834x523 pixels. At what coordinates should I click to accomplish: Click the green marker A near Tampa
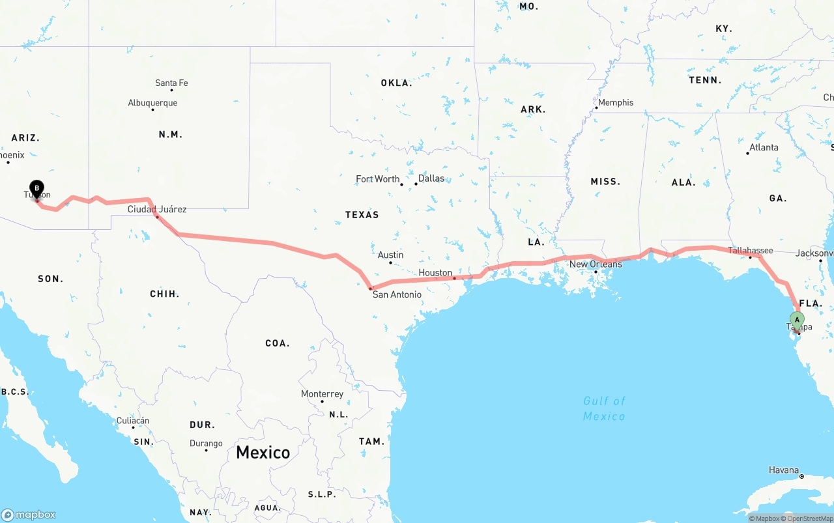797,320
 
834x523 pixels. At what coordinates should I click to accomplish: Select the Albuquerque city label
152,103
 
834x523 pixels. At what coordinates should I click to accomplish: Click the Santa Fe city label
171,83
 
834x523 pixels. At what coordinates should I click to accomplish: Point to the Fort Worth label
377,179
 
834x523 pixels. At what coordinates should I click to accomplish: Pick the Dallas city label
431,178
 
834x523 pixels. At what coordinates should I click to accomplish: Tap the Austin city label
390,255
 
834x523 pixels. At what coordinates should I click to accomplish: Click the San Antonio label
397,294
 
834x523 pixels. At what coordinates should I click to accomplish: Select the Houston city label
435,272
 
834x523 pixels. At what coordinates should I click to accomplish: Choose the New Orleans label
596,264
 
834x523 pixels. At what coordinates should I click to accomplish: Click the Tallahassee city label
750,250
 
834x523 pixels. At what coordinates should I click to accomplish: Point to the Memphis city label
615,102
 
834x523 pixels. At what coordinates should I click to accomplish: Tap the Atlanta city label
764,147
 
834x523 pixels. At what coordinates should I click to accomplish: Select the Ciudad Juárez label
157,209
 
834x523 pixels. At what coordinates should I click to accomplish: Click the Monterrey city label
322,394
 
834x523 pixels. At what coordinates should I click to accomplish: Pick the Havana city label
783,470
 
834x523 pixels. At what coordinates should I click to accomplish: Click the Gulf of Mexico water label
604,408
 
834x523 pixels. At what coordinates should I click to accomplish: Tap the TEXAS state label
362,214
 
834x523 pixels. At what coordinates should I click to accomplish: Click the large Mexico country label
263,452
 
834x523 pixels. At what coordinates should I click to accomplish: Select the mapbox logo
29,515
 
